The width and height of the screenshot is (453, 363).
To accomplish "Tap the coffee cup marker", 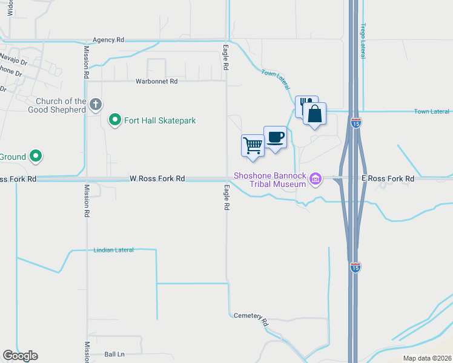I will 275,137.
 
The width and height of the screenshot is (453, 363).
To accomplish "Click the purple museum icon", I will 315,178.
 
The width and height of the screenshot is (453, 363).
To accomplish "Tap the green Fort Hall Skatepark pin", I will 114,120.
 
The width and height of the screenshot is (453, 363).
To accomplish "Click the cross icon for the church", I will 95,105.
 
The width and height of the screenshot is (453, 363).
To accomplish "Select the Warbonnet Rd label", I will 157,81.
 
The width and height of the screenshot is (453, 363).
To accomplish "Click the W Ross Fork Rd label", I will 157,178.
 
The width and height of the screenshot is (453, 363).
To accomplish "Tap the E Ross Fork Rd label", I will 388,178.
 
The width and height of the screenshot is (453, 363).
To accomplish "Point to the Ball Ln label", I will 114,354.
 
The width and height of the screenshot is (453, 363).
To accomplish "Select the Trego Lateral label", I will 363,41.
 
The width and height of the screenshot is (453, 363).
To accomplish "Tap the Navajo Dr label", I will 13,59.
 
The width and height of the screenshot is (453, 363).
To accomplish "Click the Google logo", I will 20,356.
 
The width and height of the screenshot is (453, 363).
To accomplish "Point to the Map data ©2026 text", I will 426,358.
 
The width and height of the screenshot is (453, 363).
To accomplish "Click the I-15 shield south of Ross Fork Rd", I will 355,266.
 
